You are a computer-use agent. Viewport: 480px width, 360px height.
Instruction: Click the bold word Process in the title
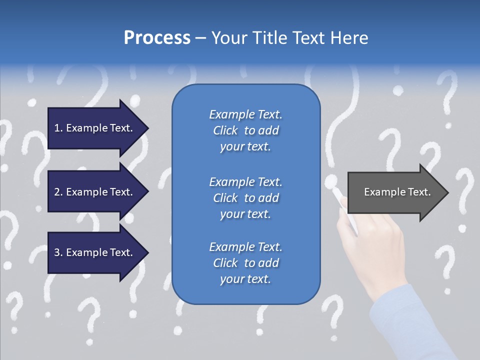[157, 38]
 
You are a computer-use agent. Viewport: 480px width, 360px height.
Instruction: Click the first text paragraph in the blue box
[245, 130]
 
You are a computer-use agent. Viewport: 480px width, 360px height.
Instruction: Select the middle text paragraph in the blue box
[245, 198]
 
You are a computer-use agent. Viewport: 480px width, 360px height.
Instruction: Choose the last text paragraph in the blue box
[245, 263]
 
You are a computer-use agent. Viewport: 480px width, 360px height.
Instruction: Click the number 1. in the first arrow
[58, 128]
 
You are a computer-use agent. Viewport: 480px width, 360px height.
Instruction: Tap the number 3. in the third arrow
[58, 252]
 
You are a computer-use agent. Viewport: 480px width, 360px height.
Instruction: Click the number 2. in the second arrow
[58, 192]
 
